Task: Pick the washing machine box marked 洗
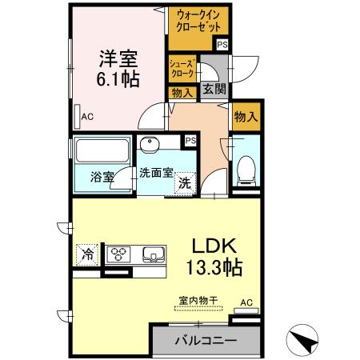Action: click(184, 183)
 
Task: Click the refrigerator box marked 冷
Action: click(86, 255)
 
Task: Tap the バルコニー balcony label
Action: click(206, 341)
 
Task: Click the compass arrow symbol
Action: click(303, 342)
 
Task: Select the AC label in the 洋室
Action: click(88, 117)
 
